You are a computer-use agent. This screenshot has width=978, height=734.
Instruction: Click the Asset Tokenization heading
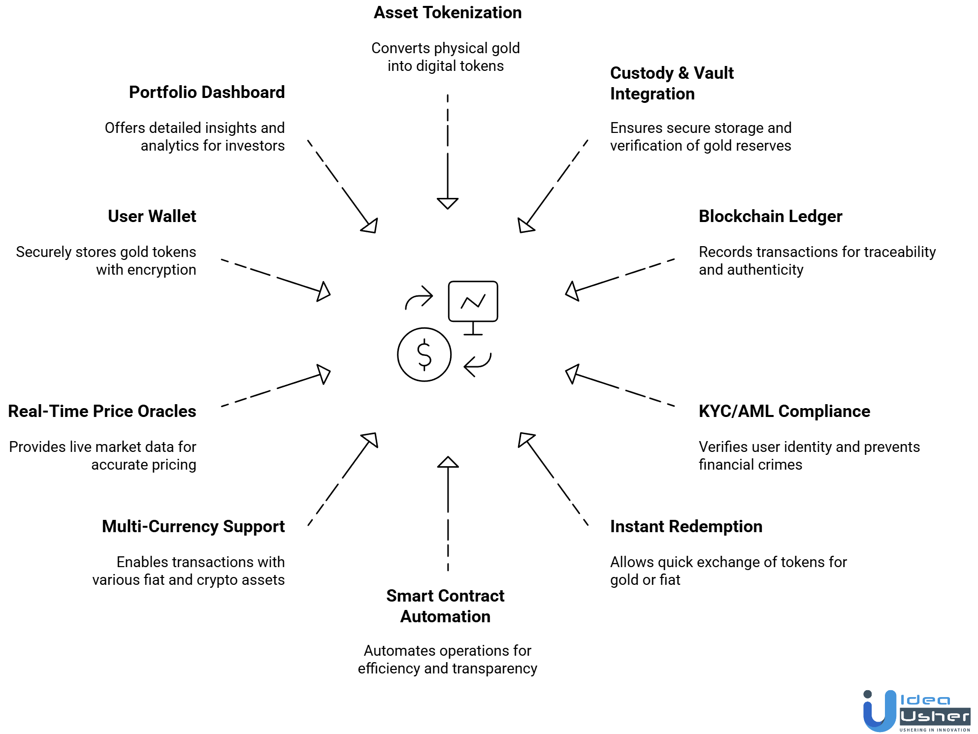(447, 13)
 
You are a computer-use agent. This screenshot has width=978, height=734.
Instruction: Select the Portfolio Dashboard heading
(207, 93)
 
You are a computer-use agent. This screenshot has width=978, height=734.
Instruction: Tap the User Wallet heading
(152, 217)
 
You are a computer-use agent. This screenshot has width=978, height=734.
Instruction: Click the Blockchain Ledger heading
(770, 217)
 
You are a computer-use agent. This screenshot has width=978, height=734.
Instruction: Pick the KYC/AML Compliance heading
(784, 412)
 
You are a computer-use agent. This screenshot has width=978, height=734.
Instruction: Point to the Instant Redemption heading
(686, 527)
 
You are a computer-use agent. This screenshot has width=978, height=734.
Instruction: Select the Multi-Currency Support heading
(193, 527)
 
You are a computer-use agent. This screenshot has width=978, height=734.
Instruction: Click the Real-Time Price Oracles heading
(102, 412)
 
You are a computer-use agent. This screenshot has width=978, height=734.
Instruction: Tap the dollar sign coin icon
(424, 354)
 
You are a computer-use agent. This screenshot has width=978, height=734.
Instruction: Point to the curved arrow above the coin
(419, 298)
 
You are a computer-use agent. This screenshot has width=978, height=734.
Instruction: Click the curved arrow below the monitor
(478, 365)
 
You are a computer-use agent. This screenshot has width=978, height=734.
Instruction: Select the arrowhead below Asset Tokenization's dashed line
(447, 203)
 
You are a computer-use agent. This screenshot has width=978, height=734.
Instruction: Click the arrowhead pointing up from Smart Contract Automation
(448, 462)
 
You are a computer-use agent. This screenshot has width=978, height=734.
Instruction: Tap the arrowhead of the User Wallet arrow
(324, 291)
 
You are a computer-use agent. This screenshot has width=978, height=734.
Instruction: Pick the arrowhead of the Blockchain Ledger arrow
(572, 291)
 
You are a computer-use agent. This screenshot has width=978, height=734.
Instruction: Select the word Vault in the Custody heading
(714, 73)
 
